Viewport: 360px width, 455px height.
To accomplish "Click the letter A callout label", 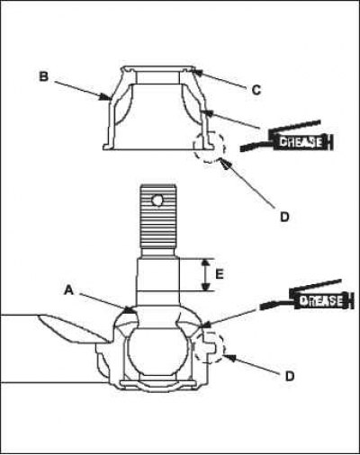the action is click(x=69, y=290).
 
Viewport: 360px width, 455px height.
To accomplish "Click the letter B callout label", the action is click(x=44, y=76).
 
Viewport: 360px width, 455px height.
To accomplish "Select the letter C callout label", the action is click(x=256, y=90).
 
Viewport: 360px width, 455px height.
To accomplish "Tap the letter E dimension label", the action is click(x=220, y=274).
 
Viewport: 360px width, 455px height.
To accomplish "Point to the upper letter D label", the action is click(x=284, y=217).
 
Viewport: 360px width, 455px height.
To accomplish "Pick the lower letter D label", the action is click(x=289, y=376).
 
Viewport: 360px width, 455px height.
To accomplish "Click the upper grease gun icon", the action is click(x=287, y=137).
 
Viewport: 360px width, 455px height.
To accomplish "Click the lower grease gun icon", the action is click(x=305, y=296).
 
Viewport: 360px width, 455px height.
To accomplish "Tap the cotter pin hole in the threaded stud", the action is click(x=157, y=200).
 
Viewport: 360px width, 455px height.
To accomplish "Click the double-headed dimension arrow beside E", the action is click(x=205, y=274).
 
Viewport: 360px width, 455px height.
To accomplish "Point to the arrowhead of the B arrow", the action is click(x=105, y=96).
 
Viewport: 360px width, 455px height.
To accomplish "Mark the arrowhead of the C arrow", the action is click(x=196, y=71).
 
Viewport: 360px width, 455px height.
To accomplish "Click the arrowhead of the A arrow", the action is click(x=130, y=310).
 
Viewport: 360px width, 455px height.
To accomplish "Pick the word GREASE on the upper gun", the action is click(x=301, y=142).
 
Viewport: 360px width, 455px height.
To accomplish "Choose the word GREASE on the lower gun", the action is click(x=320, y=300).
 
